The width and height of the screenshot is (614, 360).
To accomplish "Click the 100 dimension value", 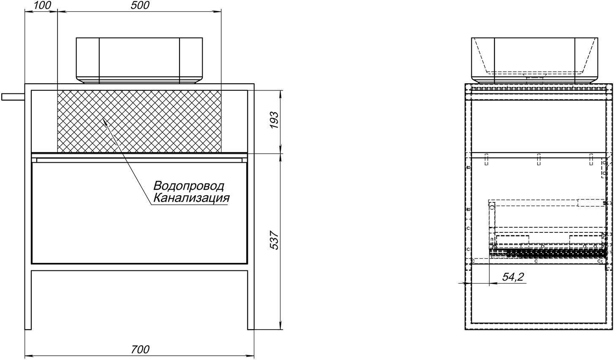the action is click(x=43, y=5).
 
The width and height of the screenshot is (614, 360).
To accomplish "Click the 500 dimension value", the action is click(x=140, y=5).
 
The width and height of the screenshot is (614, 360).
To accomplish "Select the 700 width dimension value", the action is click(x=140, y=349).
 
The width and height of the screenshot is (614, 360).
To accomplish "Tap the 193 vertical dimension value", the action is click(x=274, y=120).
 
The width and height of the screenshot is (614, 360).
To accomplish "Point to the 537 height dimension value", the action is click(x=274, y=240).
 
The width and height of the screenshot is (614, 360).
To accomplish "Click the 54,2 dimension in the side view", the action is click(x=513, y=277).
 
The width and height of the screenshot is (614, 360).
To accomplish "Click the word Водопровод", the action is click(x=189, y=186).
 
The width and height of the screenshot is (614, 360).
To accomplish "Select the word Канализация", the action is click(x=191, y=198).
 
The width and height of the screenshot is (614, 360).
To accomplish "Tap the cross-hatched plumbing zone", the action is click(x=139, y=121).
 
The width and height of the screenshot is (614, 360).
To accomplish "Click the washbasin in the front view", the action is click(x=139, y=60).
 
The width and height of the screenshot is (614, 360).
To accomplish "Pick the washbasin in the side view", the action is click(x=535, y=60).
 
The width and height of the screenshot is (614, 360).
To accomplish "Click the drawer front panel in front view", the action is click(x=139, y=213).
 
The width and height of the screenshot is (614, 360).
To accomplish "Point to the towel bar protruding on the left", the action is click(x=13, y=97).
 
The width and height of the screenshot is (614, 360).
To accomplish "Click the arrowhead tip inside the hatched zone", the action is click(x=103, y=119).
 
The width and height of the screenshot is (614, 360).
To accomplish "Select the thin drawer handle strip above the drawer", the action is click(x=139, y=159).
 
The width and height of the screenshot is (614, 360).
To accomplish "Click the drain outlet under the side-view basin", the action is click(x=535, y=78).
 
